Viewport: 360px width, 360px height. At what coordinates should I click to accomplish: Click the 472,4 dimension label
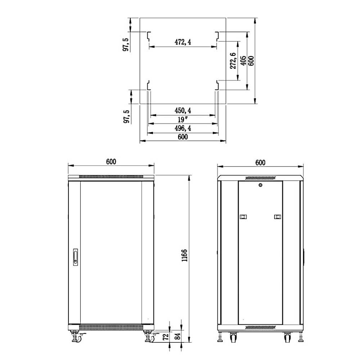183,42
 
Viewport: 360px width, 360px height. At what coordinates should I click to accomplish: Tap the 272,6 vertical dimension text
233,60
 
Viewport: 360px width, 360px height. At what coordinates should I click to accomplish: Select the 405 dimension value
243,60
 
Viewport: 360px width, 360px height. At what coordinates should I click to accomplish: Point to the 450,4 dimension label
183,111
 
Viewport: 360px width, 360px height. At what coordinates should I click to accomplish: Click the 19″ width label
183,120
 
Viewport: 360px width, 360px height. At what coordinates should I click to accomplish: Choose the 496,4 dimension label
183,128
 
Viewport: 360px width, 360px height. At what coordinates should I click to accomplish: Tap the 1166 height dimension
184,255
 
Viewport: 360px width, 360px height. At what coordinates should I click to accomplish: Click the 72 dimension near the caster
166,337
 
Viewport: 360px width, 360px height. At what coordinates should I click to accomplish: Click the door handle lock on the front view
75,257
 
